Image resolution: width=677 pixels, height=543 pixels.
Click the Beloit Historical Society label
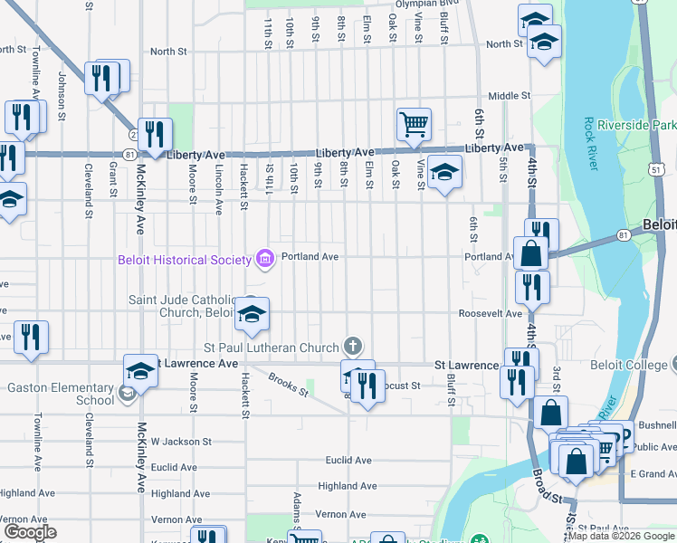coord(184,260)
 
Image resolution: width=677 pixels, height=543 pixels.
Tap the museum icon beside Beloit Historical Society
coord(264,260)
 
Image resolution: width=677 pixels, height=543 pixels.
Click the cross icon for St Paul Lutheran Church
coord(353,346)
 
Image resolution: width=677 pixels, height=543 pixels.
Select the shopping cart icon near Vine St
coord(414,123)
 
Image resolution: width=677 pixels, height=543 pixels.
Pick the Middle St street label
coord(509,96)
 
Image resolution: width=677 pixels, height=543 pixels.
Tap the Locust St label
coord(403,386)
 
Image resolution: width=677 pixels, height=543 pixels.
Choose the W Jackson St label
coord(181,442)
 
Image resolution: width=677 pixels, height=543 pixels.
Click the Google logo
coord(29,532)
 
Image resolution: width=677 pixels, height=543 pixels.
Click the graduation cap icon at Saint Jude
coord(253,314)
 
